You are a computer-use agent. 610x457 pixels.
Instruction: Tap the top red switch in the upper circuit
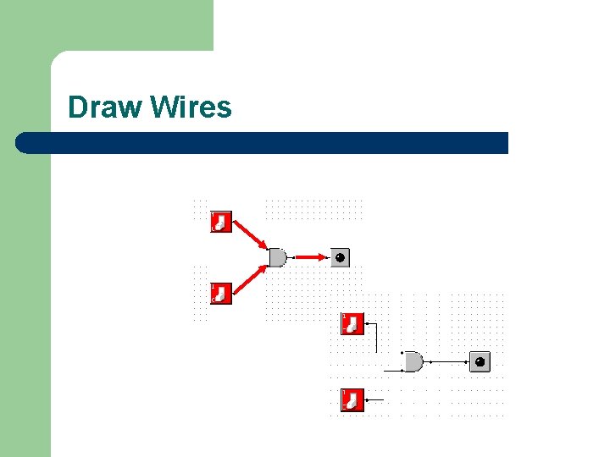pyautogui.click(x=221, y=222)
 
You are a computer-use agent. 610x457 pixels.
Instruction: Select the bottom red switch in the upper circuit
pyautogui.click(x=221, y=293)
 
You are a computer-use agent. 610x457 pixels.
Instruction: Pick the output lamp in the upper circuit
pyautogui.click(x=339, y=257)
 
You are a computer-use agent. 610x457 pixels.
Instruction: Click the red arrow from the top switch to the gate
pyautogui.click(x=250, y=236)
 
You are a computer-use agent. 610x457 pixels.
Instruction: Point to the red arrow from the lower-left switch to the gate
pyautogui.click(x=250, y=278)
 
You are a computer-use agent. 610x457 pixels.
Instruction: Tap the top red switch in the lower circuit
pyautogui.click(x=352, y=323)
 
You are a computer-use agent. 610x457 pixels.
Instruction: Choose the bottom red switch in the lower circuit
pyautogui.click(x=352, y=399)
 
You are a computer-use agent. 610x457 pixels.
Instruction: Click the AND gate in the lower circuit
pyautogui.click(x=413, y=362)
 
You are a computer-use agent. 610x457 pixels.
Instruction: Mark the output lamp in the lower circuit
pyautogui.click(x=480, y=362)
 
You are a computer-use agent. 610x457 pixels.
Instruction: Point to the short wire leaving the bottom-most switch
pyautogui.click(x=374, y=399)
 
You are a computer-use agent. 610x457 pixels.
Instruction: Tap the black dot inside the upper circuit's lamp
pyautogui.click(x=340, y=257)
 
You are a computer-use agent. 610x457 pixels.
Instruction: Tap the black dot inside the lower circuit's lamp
pyautogui.click(x=480, y=362)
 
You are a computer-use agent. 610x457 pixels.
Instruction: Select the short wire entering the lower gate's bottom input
pyautogui.click(x=394, y=371)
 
